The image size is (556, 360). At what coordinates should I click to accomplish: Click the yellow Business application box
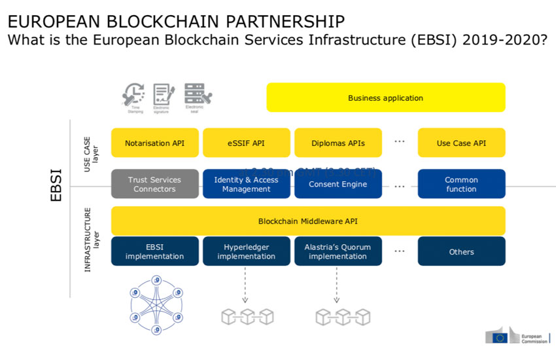[385, 98]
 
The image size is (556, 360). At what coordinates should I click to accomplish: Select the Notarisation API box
[154, 143]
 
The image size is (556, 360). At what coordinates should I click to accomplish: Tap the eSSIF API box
[246, 143]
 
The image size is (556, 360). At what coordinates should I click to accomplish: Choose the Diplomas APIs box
[338, 143]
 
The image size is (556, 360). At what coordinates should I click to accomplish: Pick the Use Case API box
[461, 143]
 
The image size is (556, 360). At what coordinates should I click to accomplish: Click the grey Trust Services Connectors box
[154, 185]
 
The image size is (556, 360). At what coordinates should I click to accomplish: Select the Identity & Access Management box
[246, 185]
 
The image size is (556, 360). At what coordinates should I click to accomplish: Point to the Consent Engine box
[338, 185]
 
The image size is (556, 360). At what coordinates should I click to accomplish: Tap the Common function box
[461, 185]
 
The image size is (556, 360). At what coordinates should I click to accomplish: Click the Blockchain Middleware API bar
[308, 221]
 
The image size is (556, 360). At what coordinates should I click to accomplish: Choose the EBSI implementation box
[154, 251]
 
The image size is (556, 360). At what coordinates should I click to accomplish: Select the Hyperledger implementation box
[246, 251]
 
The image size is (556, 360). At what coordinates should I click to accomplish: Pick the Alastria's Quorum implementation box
[338, 251]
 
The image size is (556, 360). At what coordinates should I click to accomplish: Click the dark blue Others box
[461, 251]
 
